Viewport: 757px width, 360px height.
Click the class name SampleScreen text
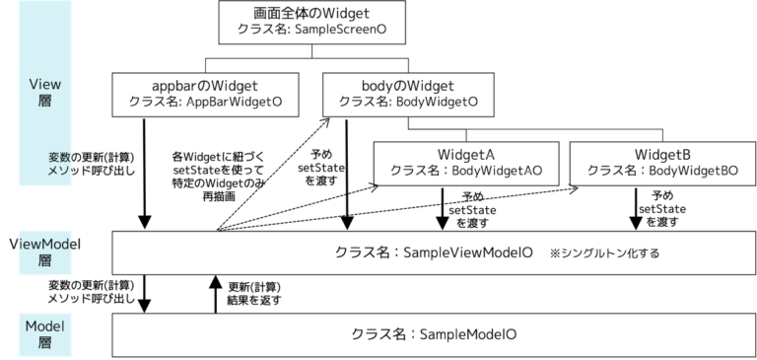pyautogui.click(x=310, y=31)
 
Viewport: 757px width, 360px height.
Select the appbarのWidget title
pyautogui.click(x=205, y=86)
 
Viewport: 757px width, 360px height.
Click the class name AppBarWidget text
pyautogui.click(x=205, y=102)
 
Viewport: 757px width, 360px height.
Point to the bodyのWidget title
pyautogui.click(x=408, y=86)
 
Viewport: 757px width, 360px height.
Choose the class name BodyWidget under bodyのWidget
pyautogui.click(x=408, y=102)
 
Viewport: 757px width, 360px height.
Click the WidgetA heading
pyautogui.click(x=465, y=155)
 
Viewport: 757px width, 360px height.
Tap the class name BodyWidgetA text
pyautogui.click(x=465, y=171)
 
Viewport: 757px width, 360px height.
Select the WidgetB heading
pyautogui.click(x=662, y=155)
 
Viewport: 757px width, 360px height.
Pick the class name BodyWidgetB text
pyautogui.click(x=662, y=171)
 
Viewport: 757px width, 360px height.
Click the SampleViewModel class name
pyautogui.click(x=435, y=252)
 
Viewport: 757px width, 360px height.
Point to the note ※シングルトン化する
pyautogui.click(x=604, y=253)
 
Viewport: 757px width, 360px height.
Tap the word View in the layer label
pyautogui.click(x=45, y=86)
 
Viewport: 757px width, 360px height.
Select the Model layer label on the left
pyautogui.click(x=45, y=325)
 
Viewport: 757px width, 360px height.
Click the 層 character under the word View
pyautogui.click(x=45, y=102)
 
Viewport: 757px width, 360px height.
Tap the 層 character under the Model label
pyautogui.click(x=45, y=342)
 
